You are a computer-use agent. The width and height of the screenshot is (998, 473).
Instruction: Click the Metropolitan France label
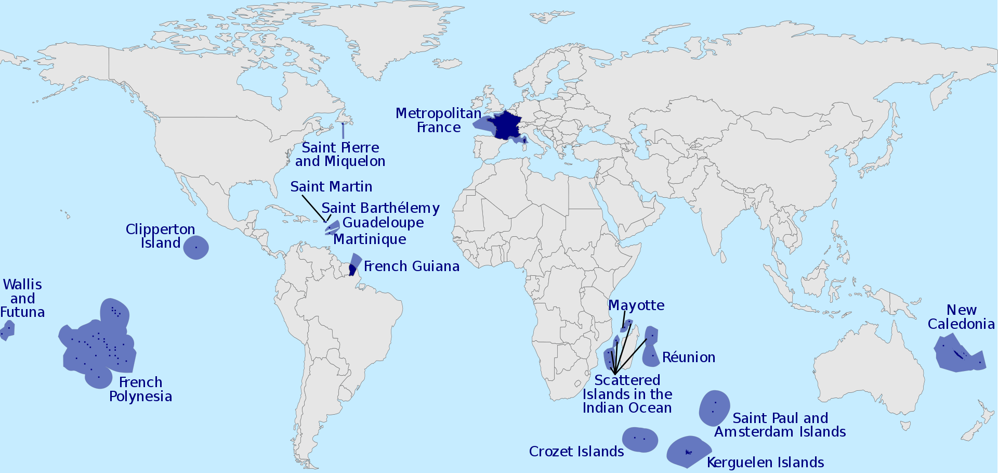(x=438, y=120)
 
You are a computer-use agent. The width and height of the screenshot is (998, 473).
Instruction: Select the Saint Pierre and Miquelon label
(x=340, y=155)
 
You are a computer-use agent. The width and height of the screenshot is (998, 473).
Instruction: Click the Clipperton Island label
(x=160, y=236)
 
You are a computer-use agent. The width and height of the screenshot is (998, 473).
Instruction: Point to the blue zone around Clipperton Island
(x=196, y=247)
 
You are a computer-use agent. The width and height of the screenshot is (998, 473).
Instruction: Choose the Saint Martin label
(x=331, y=187)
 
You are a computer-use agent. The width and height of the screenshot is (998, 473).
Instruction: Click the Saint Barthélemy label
(x=380, y=208)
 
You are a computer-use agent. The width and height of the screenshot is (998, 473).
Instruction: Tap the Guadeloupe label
(x=383, y=223)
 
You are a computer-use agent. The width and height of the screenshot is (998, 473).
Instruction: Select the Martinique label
(x=370, y=239)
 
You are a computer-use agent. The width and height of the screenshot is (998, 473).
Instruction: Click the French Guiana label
(x=411, y=266)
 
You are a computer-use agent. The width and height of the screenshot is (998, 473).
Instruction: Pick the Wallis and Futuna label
(x=22, y=298)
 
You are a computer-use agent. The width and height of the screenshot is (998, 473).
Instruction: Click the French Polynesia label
(x=140, y=389)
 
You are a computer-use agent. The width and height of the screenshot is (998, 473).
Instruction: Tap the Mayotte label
(x=636, y=305)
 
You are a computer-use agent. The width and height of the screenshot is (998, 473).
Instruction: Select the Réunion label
(x=689, y=357)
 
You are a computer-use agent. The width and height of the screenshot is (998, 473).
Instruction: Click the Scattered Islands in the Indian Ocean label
(x=627, y=394)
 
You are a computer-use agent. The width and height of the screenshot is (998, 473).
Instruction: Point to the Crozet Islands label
(x=576, y=452)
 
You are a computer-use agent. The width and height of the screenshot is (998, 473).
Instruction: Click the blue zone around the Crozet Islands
(x=640, y=440)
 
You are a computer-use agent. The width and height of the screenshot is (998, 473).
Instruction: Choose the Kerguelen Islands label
(x=765, y=463)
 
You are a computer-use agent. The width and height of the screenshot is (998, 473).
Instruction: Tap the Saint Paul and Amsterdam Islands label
(x=780, y=425)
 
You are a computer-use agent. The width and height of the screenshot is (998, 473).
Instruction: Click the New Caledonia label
(x=961, y=317)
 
